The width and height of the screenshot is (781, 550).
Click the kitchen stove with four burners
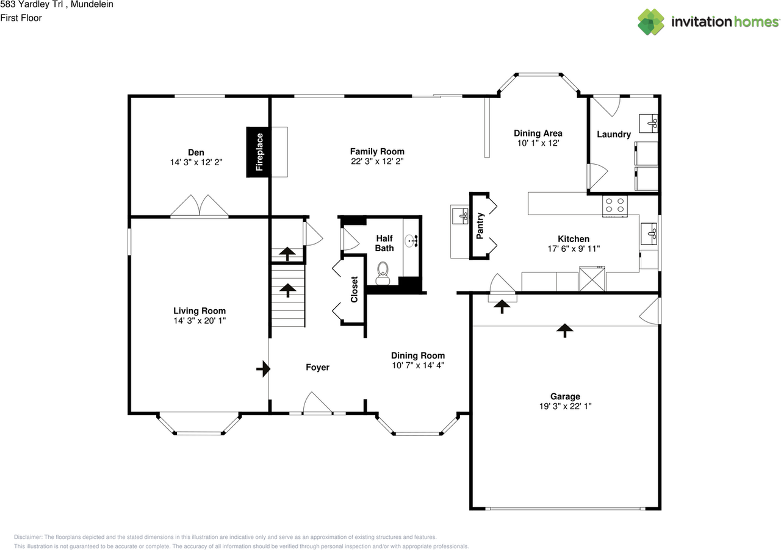click(x=614, y=206)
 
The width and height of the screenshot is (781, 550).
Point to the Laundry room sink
click(x=648, y=123)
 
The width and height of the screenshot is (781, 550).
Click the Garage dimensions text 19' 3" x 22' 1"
click(x=564, y=407)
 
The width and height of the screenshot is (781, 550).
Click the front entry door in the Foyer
click(x=317, y=404)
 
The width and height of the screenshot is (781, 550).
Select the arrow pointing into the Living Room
click(x=263, y=368)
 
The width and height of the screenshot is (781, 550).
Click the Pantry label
click(x=480, y=226)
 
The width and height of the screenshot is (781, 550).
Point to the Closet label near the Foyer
click(x=355, y=290)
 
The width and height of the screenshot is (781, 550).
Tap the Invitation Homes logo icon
click(x=651, y=21)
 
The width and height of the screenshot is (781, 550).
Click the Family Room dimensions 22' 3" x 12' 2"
click(x=376, y=162)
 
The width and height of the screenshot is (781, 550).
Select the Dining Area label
click(x=538, y=133)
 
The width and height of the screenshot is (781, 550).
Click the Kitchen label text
click(x=574, y=238)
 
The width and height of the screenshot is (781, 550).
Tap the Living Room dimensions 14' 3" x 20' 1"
click(x=199, y=321)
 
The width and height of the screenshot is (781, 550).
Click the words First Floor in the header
click(x=21, y=18)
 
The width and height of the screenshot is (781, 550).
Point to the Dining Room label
click(x=417, y=355)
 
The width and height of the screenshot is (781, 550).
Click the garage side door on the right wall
click(x=651, y=311)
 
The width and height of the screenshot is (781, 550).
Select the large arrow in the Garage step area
click(x=565, y=330)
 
